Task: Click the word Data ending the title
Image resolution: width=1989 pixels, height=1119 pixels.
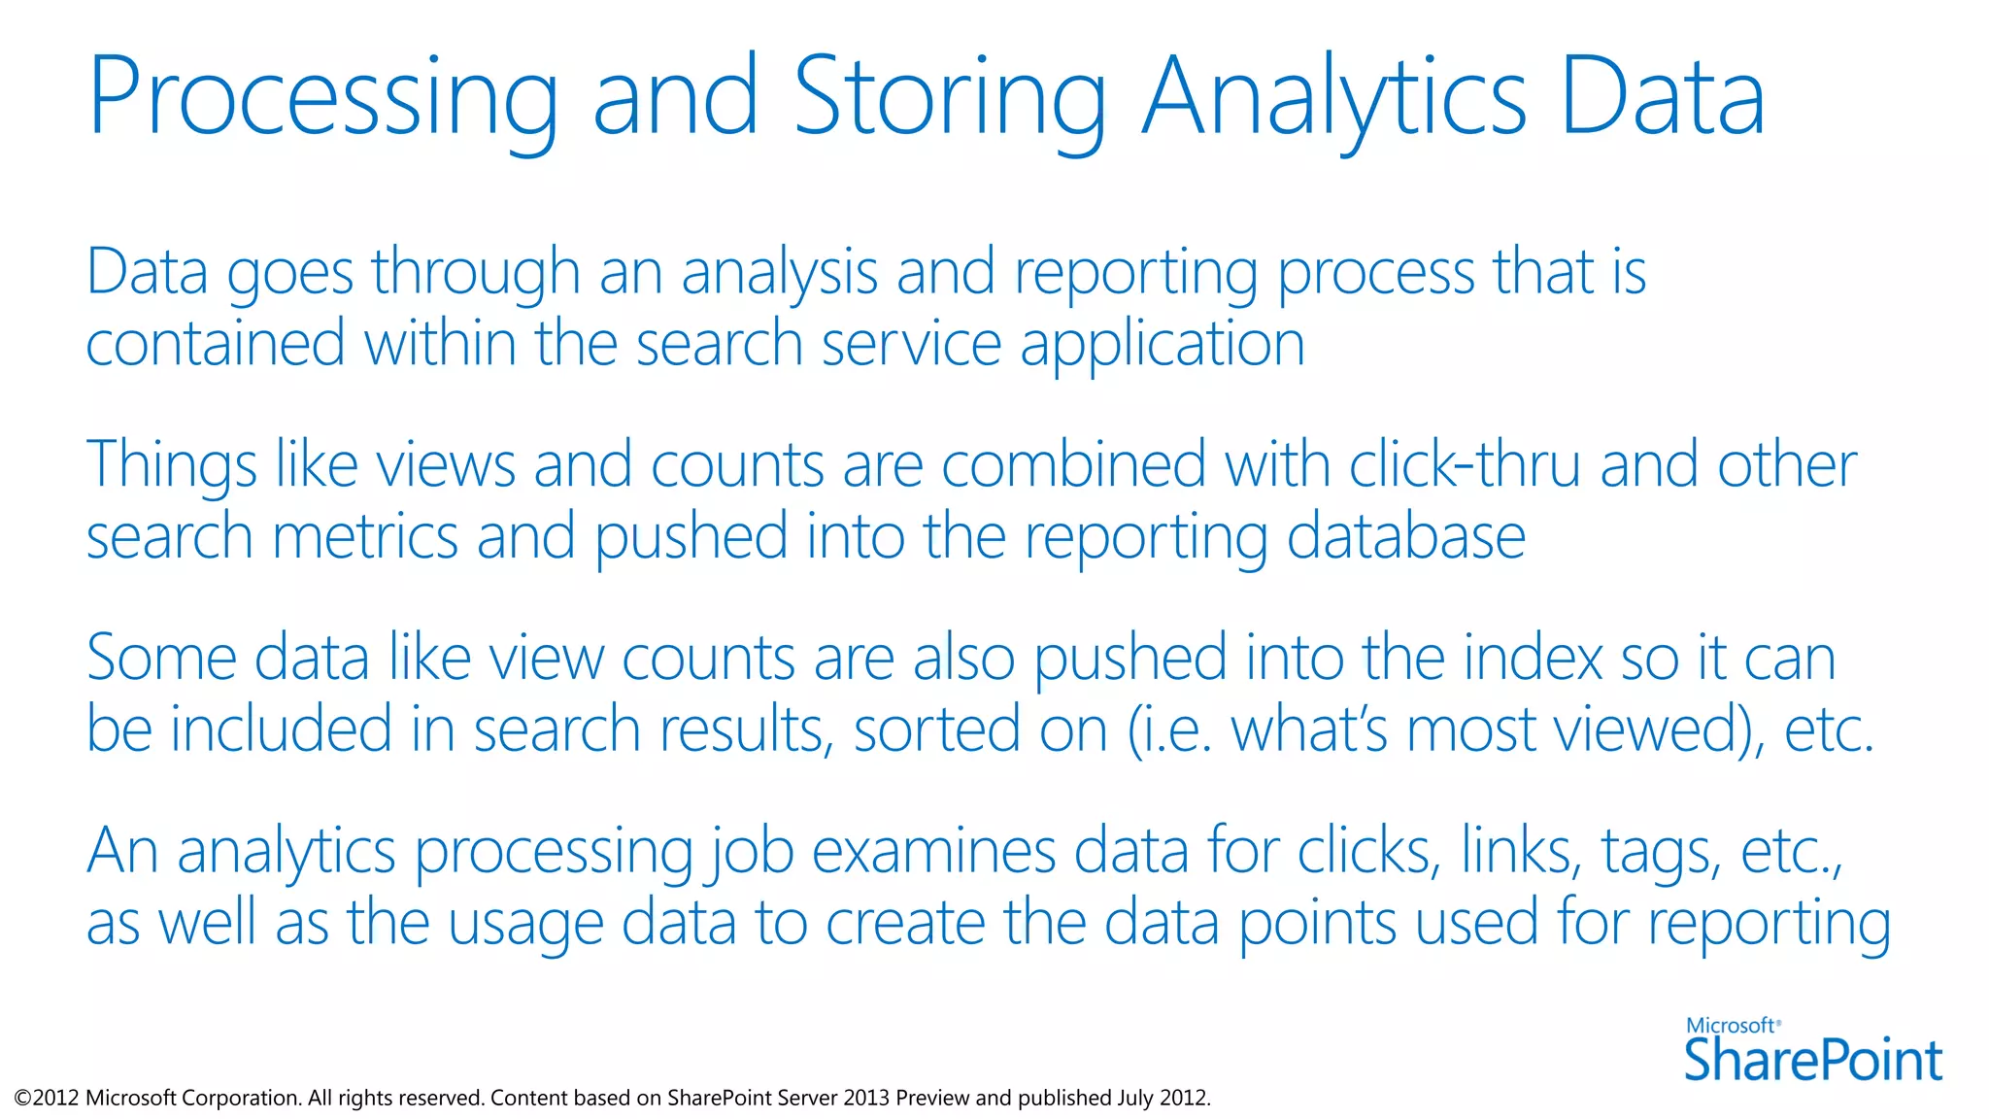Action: coord(1662,97)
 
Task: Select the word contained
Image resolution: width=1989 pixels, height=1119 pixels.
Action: coord(215,344)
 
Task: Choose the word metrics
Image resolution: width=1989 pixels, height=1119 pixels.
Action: coord(365,537)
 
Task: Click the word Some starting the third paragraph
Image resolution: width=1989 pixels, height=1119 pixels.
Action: coord(161,658)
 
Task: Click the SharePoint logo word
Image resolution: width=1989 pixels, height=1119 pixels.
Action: coord(1812,1060)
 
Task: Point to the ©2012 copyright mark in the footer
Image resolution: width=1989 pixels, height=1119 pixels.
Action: coord(46,1099)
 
